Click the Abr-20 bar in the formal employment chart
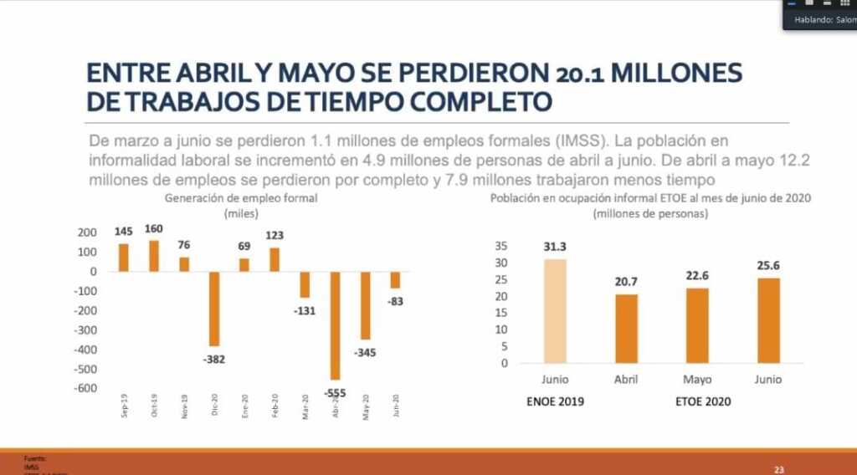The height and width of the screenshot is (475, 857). (336, 325)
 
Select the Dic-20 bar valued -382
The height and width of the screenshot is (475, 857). (214, 309)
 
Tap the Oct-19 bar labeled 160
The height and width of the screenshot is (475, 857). (154, 256)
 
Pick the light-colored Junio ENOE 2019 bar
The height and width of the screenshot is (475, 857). (555, 311)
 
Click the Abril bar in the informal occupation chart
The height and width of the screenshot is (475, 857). (626, 329)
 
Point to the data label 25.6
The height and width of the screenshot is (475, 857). (768, 265)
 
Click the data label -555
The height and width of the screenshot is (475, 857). (336, 392)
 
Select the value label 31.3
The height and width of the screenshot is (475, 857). (555, 247)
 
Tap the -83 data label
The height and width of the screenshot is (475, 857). (395, 301)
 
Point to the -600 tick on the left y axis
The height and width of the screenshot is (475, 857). (85, 388)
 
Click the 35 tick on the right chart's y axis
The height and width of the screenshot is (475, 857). (501, 246)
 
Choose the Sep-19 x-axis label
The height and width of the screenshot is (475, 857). (125, 406)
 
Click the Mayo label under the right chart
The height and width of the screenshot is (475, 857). (697, 379)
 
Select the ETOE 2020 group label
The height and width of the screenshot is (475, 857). (703, 401)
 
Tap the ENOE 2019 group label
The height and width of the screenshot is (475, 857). (555, 401)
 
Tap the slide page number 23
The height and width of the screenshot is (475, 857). (779, 470)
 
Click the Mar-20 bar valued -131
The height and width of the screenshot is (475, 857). (305, 284)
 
